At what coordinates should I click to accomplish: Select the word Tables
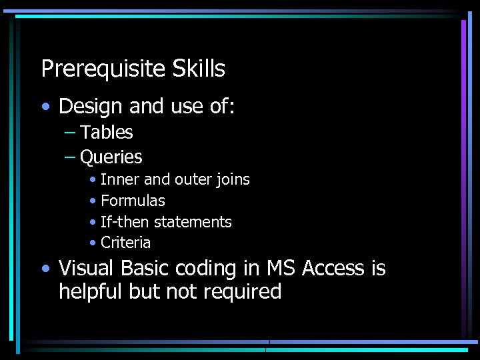pos(107,133)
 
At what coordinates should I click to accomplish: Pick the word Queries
pos(111,157)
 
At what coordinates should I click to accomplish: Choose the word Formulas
pos(133,201)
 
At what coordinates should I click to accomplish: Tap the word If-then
pos(125,221)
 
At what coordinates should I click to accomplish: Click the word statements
pos(192,221)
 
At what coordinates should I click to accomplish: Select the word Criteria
pos(125,242)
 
